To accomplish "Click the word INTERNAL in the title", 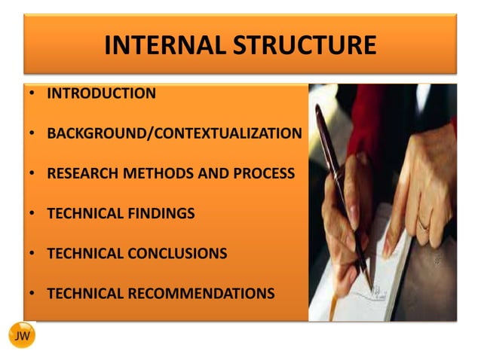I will point(164,45).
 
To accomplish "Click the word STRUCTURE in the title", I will point(304,45).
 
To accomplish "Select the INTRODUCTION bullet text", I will point(101,94).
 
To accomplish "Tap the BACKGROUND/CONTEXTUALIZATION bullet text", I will point(174,134).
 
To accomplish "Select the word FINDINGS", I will point(159,214).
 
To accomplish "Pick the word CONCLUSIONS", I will point(176,254).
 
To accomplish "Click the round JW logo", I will point(22,336).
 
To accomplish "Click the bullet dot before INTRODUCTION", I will point(33,95).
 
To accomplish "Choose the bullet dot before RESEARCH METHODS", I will point(33,175).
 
